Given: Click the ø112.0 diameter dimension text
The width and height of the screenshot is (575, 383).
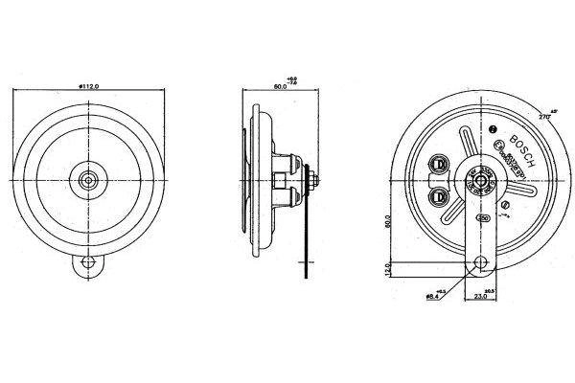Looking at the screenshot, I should [x=92, y=86].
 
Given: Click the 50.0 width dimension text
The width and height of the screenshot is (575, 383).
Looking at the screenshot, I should [x=281, y=86].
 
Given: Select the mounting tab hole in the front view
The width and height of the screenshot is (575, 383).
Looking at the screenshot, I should [x=89, y=260].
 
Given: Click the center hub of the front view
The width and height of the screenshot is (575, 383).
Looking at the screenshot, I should [x=89, y=178].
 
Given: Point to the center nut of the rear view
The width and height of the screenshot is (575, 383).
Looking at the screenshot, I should [x=477, y=177].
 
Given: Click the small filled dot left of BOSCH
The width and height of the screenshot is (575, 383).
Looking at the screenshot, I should [x=494, y=129].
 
